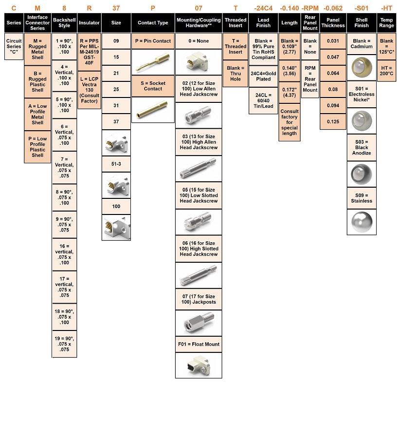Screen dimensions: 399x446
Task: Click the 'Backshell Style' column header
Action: (64, 23)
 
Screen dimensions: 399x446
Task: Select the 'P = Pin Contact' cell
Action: (153, 41)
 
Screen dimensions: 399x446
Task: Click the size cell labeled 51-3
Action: (116, 164)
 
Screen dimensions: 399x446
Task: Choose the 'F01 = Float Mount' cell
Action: (199, 344)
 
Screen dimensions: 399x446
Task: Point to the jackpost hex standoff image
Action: (199, 323)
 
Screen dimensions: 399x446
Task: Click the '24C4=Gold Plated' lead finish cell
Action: (263, 76)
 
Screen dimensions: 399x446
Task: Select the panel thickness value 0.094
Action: (333, 105)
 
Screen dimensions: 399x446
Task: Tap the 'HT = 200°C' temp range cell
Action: (386, 71)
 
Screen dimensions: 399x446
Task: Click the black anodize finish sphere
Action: (362, 174)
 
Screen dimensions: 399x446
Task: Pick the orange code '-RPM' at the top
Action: (310, 8)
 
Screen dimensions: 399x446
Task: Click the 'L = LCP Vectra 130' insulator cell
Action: (89, 90)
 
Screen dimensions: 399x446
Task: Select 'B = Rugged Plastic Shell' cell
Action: (37, 81)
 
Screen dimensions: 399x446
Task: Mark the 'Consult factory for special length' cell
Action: (290, 122)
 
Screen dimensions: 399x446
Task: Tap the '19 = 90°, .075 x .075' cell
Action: (64, 344)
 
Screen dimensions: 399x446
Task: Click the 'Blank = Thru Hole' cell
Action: (236, 74)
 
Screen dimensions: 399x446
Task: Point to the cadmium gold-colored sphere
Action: (362, 68)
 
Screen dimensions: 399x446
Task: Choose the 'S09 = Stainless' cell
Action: (362, 198)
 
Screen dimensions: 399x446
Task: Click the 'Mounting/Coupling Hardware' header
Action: (199, 23)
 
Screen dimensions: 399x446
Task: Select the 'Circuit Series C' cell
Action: (14, 46)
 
